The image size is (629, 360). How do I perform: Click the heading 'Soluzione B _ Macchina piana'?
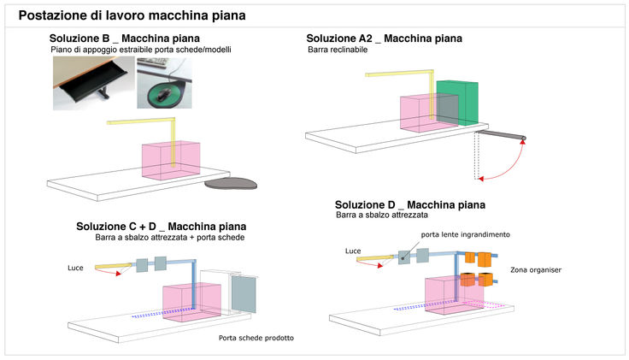tap(125, 39)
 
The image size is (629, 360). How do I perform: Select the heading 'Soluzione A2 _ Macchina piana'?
tap(384, 38)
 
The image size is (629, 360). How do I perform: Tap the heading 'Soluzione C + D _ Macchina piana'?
tap(160, 226)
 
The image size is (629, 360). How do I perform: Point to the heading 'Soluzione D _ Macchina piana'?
tap(409, 205)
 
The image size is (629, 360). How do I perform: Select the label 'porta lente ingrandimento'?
tap(465, 234)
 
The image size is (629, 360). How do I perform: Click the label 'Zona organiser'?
tap(535, 270)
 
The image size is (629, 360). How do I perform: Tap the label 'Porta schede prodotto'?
tap(256, 338)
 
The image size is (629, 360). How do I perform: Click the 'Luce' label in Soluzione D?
tap(353, 251)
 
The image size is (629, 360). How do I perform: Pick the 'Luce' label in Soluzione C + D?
tap(75, 269)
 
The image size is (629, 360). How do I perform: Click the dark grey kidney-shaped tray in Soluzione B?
tap(233, 181)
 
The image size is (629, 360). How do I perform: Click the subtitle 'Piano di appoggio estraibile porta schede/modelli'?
tap(141, 50)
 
